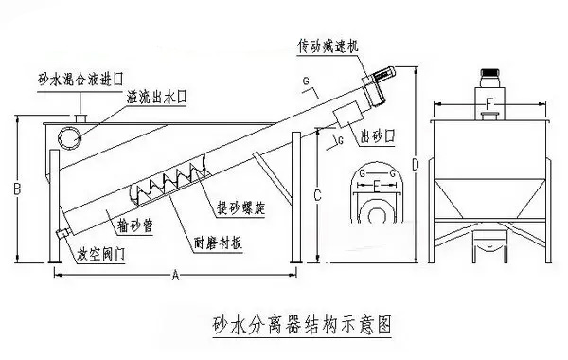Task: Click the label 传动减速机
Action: point(328,46)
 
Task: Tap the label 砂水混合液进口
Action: point(80,80)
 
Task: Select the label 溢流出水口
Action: point(156,98)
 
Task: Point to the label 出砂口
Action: point(378,136)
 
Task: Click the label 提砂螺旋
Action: point(240,207)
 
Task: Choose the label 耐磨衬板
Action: point(218,243)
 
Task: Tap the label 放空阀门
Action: point(101,255)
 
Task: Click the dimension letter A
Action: point(175,276)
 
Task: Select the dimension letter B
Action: point(17,189)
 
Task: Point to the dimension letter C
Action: point(317,195)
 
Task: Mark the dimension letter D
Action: point(416,164)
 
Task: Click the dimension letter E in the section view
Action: point(377,187)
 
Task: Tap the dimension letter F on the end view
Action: point(489,104)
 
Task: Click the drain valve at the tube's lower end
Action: point(62,233)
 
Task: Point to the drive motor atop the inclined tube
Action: point(384,75)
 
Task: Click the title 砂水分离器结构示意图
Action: point(302,325)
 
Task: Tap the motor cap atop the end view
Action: point(489,73)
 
